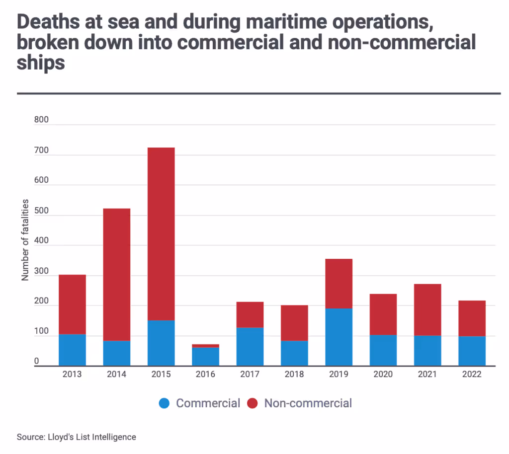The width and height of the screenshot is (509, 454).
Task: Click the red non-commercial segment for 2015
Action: tap(161, 233)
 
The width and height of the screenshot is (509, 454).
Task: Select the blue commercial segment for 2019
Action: tap(339, 337)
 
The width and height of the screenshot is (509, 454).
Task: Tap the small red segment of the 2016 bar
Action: tap(205, 346)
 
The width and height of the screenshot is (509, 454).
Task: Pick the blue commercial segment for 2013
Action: tap(72, 350)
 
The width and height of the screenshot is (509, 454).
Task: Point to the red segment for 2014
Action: tap(117, 274)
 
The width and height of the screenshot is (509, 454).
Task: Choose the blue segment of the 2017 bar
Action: tap(250, 347)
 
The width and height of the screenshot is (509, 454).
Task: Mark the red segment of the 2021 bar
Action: tap(427, 309)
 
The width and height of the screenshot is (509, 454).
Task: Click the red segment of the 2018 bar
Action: tap(294, 323)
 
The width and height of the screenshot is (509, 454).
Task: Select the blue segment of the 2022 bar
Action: tap(472, 351)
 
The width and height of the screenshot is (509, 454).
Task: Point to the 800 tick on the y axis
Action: tap(42, 120)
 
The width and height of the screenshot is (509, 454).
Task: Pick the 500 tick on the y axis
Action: tap(42, 211)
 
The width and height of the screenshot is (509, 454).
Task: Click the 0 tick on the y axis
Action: tap(37, 362)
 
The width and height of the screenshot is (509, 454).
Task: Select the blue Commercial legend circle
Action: tap(165, 403)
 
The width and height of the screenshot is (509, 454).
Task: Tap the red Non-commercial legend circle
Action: tap(253, 403)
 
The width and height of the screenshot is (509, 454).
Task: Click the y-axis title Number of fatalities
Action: tap(25, 240)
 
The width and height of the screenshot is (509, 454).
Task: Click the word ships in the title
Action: tap(41, 64)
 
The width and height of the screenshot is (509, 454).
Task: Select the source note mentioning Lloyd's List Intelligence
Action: tap(76, 437)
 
